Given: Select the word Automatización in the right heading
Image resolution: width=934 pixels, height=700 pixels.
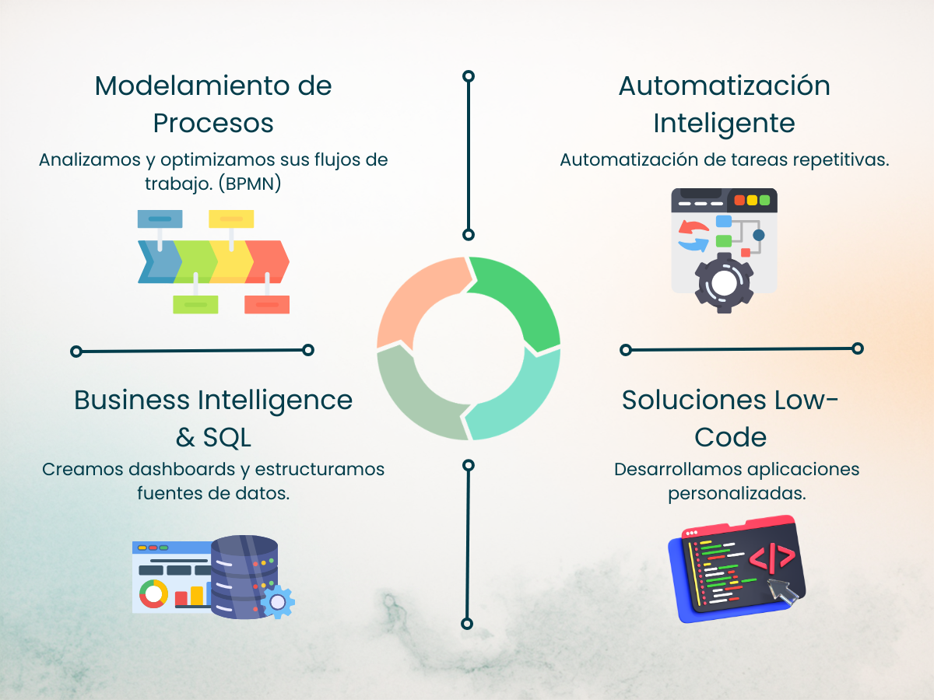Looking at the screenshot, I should pyautogui.click(x=724, y=86).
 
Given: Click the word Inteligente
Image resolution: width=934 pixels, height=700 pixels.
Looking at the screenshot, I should pyautogui.click(x=724, y=124).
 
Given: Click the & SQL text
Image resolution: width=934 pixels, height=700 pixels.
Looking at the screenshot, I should pyautogui.click(x=213, y=438).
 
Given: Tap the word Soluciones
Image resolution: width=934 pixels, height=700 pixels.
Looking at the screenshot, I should pyautogui.click(x=683, y=400).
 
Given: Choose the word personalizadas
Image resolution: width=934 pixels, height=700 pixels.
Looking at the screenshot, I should pyautogui.click(x=736, y=493).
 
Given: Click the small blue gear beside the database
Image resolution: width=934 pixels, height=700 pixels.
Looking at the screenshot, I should pyautogui.click(x=278, y=601).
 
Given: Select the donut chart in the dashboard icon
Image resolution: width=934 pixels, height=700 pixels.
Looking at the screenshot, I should pyautogui.click(x=153, y=594).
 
